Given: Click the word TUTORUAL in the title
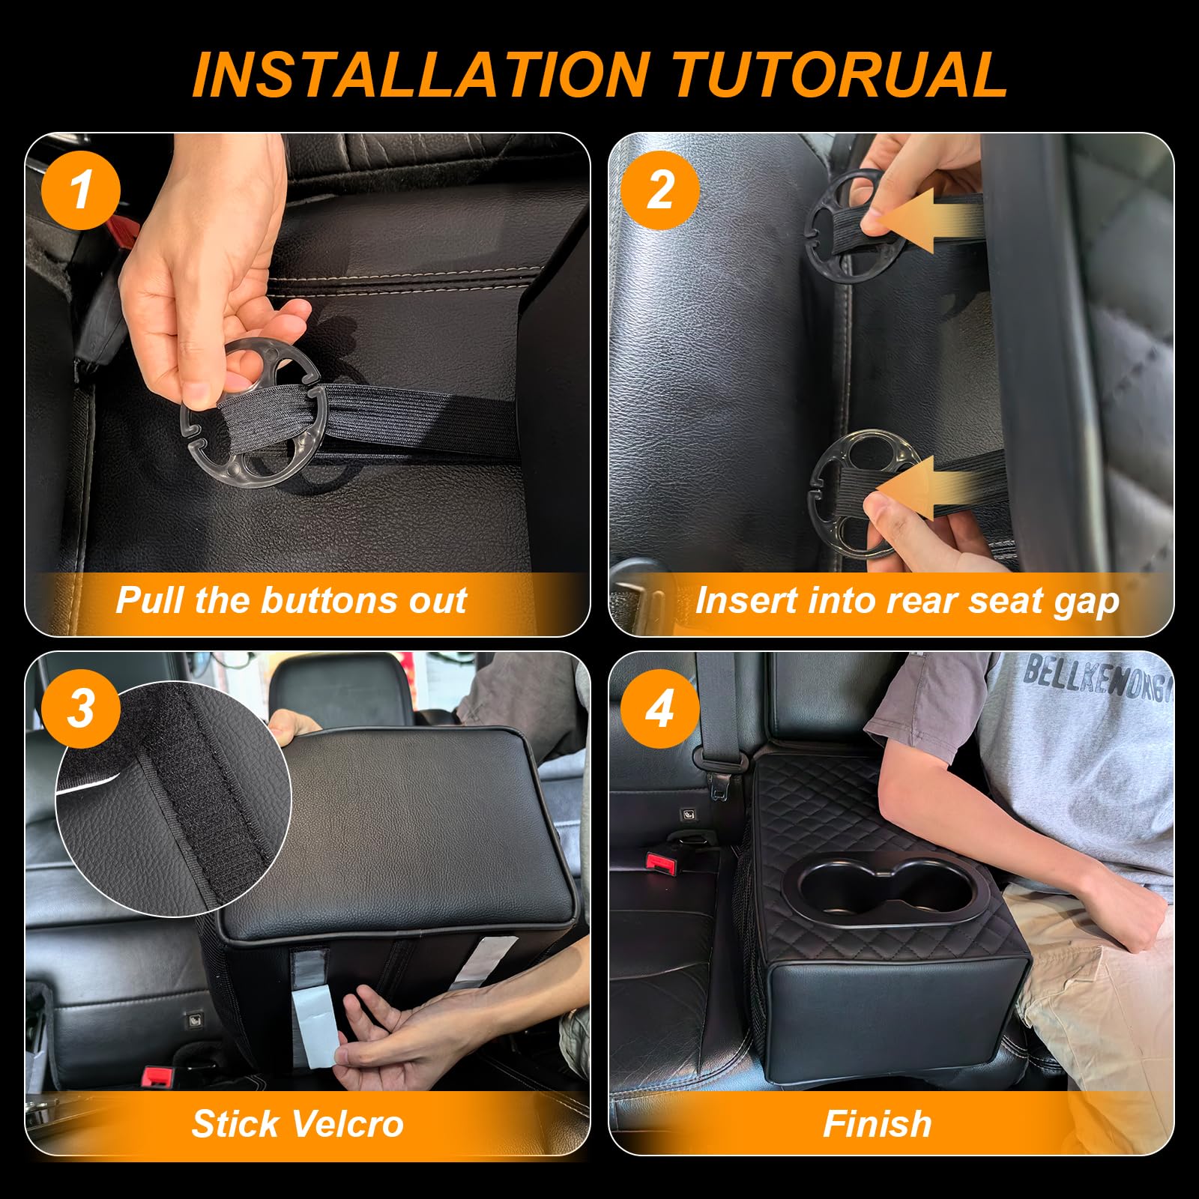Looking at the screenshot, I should [839, 75].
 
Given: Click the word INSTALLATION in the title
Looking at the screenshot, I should [420, 75].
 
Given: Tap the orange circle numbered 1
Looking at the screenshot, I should [81, 190].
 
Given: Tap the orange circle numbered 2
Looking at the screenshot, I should [659, 190].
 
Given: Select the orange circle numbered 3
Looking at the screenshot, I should [81, 708].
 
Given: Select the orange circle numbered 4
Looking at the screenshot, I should [659, 708].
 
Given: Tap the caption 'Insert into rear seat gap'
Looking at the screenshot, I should [907, 600].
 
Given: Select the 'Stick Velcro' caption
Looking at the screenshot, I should [298, 1123].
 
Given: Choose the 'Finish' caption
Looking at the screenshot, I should [877, 1123].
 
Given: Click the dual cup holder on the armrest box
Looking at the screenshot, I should [884, 888].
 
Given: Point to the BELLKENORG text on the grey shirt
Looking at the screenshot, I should [1094, 678].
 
